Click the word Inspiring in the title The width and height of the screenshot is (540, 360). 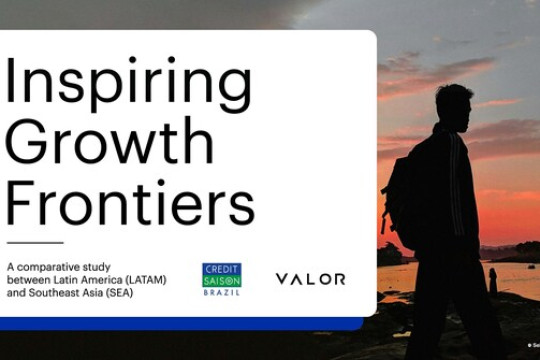[129, 83]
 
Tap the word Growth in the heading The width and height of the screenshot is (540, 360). [109, 143]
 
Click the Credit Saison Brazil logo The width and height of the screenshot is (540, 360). [221, 279]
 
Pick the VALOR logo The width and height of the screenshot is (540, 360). [310, 279]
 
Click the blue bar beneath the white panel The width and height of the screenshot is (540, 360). [180, 323]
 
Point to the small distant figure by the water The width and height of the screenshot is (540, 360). [492, 280]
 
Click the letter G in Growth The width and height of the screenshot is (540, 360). [28, 142]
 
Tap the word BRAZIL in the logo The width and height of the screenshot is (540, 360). [221, 293]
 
